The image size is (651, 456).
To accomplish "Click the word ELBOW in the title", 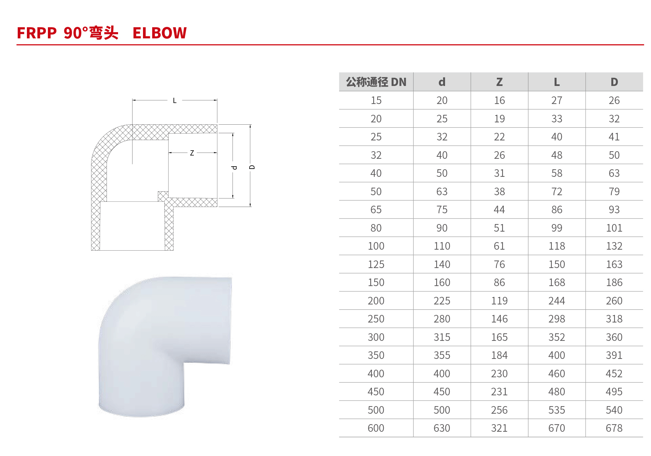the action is (x=159, y=33).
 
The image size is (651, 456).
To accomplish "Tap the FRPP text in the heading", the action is (x=37, y=33).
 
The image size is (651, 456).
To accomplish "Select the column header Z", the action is (x=499, y=82).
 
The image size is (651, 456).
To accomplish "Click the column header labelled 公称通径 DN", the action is (x=376, y=82).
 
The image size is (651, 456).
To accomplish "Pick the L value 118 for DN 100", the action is (x=557, y=246).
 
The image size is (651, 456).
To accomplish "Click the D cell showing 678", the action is (x=614, y=428).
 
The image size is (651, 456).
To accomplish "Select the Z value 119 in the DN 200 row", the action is (x=499, y=301).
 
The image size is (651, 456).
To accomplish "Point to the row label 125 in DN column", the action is (x=376, y=264).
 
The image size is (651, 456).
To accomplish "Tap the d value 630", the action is (x=442, y=428).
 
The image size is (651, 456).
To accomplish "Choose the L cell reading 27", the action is (x=557, y=100).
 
